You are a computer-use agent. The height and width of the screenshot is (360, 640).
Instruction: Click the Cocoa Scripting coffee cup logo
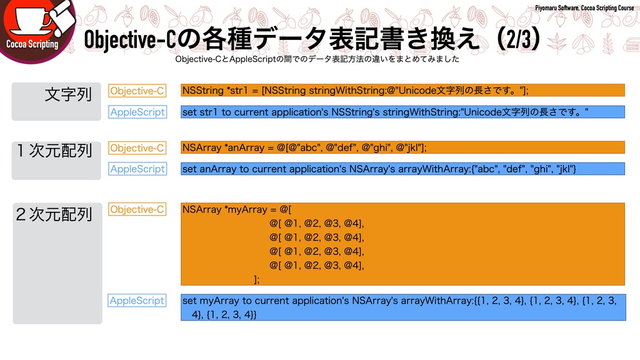(x=34, y=25)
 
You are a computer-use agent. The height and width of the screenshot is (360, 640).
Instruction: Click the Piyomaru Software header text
(x=584, y=7)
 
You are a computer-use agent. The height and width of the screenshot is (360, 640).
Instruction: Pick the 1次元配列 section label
(x=55, y=151)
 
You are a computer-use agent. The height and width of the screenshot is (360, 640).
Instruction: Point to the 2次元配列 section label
(x=54, y=214)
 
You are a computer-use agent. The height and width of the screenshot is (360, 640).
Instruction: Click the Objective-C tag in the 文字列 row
(x=137, y=91)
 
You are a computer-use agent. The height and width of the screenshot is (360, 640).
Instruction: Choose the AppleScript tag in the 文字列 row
(x=137, y=112)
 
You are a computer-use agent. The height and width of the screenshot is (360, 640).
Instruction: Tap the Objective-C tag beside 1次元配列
(x=137, y=148)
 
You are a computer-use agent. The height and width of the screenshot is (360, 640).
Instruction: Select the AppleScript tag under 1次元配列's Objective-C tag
(x=137, y=169)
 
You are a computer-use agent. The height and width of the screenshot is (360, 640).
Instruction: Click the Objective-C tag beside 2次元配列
(x=137, y=209)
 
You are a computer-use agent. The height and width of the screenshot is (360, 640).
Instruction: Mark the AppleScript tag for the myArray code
(x=137, y=301)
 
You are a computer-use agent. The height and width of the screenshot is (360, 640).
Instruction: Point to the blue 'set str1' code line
(x=385, y=112)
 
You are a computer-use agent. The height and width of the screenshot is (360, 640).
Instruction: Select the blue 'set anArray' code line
(x=379, y=169)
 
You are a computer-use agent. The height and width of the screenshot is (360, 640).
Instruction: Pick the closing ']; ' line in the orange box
(x=256, y=279)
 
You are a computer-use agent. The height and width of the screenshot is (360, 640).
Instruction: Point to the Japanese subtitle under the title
(x=317, y=59)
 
